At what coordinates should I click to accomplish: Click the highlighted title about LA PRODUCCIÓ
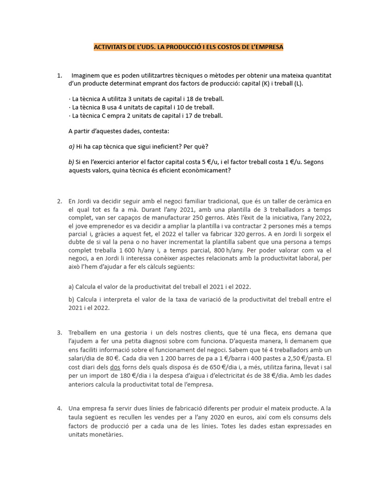coord(189,47)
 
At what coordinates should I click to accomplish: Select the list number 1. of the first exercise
coord(60,76)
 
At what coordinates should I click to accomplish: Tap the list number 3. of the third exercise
coord(60,333)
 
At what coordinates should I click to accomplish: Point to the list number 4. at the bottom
coord(60,408)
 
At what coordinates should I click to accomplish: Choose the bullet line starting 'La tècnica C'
coord(146,116)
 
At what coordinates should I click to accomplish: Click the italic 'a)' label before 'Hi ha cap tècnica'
coord(71,146)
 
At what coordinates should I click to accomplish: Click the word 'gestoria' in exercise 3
coord(131,333)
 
